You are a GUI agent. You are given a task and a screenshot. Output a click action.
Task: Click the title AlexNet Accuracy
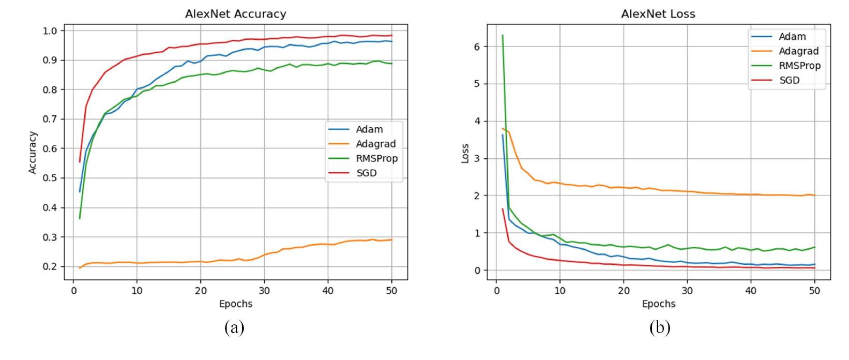(235, 14)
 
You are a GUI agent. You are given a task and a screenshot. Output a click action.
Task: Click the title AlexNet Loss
(658, 14)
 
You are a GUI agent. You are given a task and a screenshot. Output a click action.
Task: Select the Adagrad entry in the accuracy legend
(375, 144)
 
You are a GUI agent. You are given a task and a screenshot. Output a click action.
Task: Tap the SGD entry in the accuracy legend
(366, 173)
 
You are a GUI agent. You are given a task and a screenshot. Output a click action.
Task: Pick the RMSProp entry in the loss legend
(799, 66)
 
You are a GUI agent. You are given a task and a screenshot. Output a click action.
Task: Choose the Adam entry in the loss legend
(792, 37)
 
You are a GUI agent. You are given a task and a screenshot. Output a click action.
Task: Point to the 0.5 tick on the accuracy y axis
(52, 178)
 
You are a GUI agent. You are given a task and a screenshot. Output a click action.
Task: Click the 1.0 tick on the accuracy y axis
(52, 31)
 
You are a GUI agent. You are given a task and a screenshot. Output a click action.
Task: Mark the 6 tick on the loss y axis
(477, 47)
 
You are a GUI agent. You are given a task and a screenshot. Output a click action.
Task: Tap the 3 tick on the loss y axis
(477, 159)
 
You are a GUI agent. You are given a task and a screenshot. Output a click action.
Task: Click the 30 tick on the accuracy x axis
(264, 291)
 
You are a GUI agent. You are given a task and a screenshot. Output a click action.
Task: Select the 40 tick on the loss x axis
(751, 291)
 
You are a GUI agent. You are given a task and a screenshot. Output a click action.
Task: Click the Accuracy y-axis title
(33, 153)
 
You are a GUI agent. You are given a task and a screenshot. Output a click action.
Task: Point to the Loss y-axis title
(465, 154)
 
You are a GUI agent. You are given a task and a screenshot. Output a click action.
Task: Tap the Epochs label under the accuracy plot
(235, 304)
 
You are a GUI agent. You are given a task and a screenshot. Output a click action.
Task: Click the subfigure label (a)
(234, 327)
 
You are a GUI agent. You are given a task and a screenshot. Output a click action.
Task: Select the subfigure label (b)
(659, 327)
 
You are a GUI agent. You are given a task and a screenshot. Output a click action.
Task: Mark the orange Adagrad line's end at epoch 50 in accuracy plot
(391, 239)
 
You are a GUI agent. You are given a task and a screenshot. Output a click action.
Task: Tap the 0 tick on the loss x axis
(496, 291)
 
